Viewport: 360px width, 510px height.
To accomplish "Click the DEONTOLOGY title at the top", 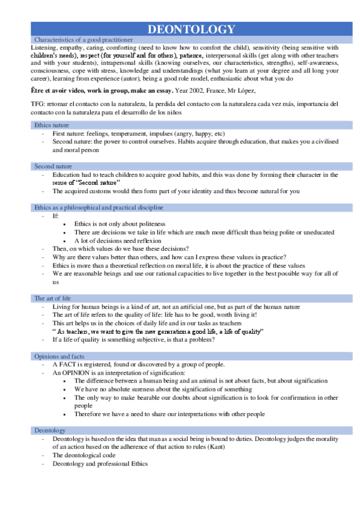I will [x=191, y=29].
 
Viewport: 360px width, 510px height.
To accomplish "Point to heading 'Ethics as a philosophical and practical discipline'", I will [x=99, y=207].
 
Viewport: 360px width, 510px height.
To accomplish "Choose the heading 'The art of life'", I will [x=53, y=298].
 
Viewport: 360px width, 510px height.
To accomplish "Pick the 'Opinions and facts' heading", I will [x=59, y=356].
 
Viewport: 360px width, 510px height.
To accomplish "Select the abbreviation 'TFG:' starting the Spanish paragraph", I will [x=37, y=103].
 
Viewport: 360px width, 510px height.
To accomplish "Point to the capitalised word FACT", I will [x=68, y=364].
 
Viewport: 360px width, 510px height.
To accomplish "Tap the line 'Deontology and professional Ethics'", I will [x=100, y=464].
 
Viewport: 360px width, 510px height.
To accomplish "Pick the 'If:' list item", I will [x=56, y=215].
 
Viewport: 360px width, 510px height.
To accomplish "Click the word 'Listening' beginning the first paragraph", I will [x=44, y=47].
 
